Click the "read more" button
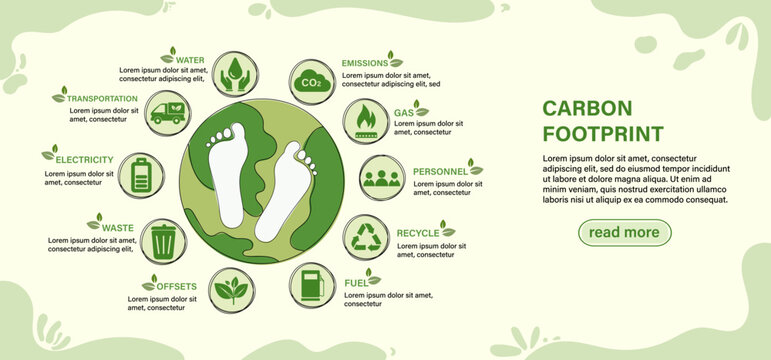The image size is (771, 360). click(624, 233)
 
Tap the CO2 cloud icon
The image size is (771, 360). click(311, 82)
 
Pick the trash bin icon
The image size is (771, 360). click(163, 240)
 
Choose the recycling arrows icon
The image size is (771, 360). click(366, 236)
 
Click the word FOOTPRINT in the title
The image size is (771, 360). click(602, 133)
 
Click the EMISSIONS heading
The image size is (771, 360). click(364, 63)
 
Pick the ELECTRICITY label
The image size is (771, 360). click(84, 160)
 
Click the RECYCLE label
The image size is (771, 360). click(417, 234)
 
